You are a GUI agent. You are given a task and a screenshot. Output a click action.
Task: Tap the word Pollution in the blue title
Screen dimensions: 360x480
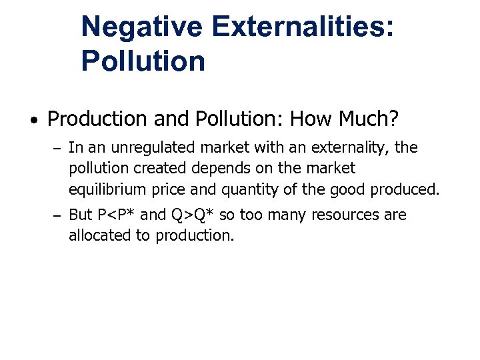pyautogui.click(x=143, y=61)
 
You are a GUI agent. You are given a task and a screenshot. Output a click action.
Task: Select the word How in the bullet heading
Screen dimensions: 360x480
pyautogui.click(x=309, y=119)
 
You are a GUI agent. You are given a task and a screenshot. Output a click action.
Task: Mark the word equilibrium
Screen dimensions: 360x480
pyautogui.click(x=107, y=189)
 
